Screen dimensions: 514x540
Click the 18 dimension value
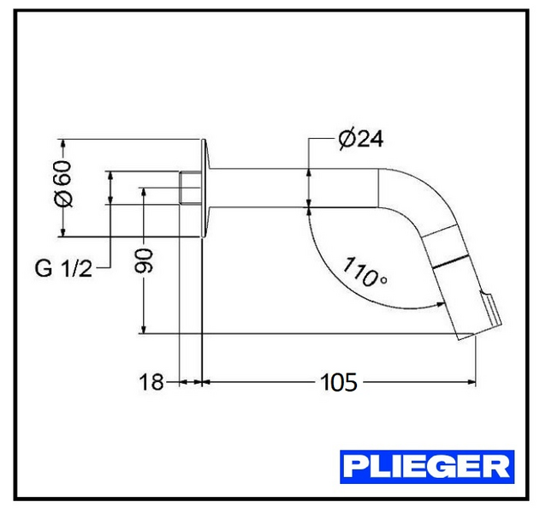coord(151,382)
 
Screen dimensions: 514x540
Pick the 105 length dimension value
coord(338,382)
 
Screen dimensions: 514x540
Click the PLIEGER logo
coord(427,466)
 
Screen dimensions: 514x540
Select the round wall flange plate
coord(205,188)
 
